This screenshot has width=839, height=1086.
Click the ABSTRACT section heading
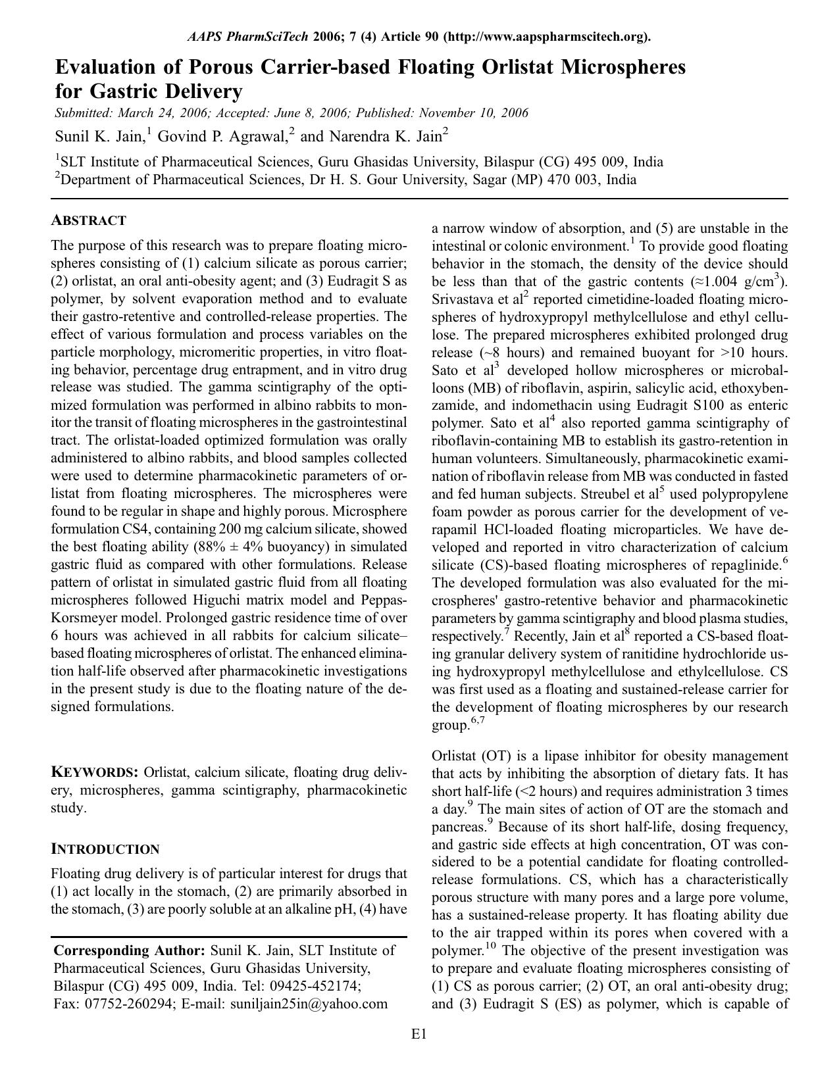(88, 220)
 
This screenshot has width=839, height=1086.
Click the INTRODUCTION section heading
(105, 849)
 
